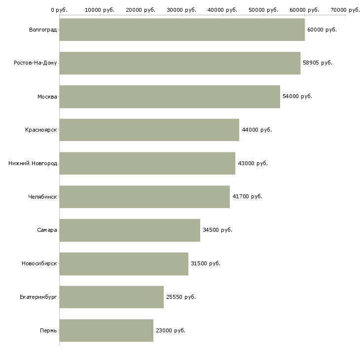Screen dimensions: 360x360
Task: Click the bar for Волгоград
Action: [x=182, y=30]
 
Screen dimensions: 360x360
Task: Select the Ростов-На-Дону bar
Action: [x=180, y=63]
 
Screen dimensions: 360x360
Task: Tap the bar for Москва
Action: [x=170, y=97]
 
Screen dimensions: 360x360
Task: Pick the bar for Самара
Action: [x=130, y=230]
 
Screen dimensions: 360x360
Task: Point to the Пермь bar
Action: [x=106, y=330]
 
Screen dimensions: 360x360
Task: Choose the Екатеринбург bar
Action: [x=111, y=297]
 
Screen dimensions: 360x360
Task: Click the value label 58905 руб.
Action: [x=317, y=63]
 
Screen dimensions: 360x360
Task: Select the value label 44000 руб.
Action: [x=256, y=130]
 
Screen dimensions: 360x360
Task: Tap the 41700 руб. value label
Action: [x=247, y=196]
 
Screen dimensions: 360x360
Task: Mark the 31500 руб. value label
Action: [x=205, y=263]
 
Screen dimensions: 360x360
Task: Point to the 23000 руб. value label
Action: [x=170, y=330]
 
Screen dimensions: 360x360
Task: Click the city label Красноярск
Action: [x=41, y=130]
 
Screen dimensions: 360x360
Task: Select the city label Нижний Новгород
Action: [x=33, y=163]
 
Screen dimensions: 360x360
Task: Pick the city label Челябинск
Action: [x=42, y=197]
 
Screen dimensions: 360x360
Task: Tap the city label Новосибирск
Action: [x=39, y=263]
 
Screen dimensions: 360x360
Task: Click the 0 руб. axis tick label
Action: [x=59, y=10]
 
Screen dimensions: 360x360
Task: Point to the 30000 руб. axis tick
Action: [x=181, y=10]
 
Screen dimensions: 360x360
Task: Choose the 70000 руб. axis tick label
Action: [x=345, y=10]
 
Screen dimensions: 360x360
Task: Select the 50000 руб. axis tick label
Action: [x=263, y=10]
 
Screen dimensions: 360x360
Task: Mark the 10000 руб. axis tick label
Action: [x=100, y=10]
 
